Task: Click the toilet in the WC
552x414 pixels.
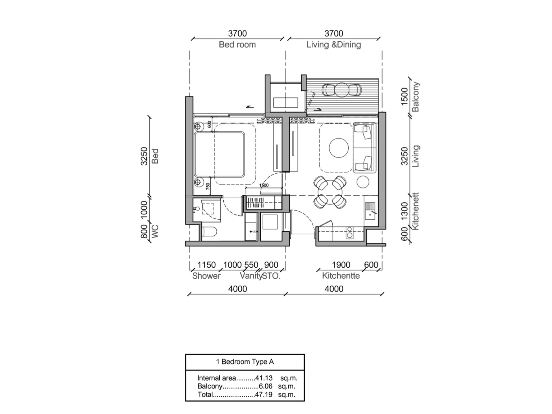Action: [x=210, y=232]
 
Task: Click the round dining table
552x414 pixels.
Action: [x=330, y=192]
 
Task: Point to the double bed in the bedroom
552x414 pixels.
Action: [x=219, y=154]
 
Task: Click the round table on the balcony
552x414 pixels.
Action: [x=342, y=89]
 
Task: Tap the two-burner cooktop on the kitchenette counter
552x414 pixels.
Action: [x=350, y=232]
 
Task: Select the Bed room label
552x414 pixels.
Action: [x=237, y=45]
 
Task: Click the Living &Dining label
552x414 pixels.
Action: [x=333, y=45]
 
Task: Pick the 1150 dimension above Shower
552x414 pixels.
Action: [x=206, y=265]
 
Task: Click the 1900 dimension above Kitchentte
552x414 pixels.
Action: [x=341, y=265]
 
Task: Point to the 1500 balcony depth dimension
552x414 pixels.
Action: [x=404, y=96]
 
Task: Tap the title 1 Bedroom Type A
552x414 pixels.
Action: [x=245, y=362]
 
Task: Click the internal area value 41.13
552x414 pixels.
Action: [x=264, y=378]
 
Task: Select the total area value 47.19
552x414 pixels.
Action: [x=264, y=394]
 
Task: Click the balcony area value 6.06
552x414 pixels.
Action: [x=265, y=386]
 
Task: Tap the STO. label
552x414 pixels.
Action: [x=271, y=276]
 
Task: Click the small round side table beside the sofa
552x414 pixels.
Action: [x=363, y=182]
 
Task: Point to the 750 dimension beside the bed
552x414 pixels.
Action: [x=208, y=186]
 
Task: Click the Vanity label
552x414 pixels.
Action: [x=251, y=276]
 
